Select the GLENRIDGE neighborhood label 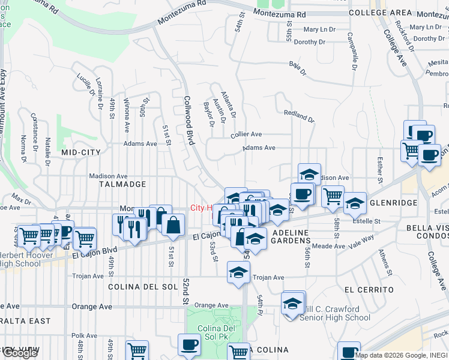[x=393, y=203]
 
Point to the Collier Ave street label [x=246, y=135]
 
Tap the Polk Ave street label [x=84, y=336]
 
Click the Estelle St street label [x=369, y=221]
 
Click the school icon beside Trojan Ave [x=238, y=272]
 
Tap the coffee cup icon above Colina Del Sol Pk [x=189, y=344]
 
